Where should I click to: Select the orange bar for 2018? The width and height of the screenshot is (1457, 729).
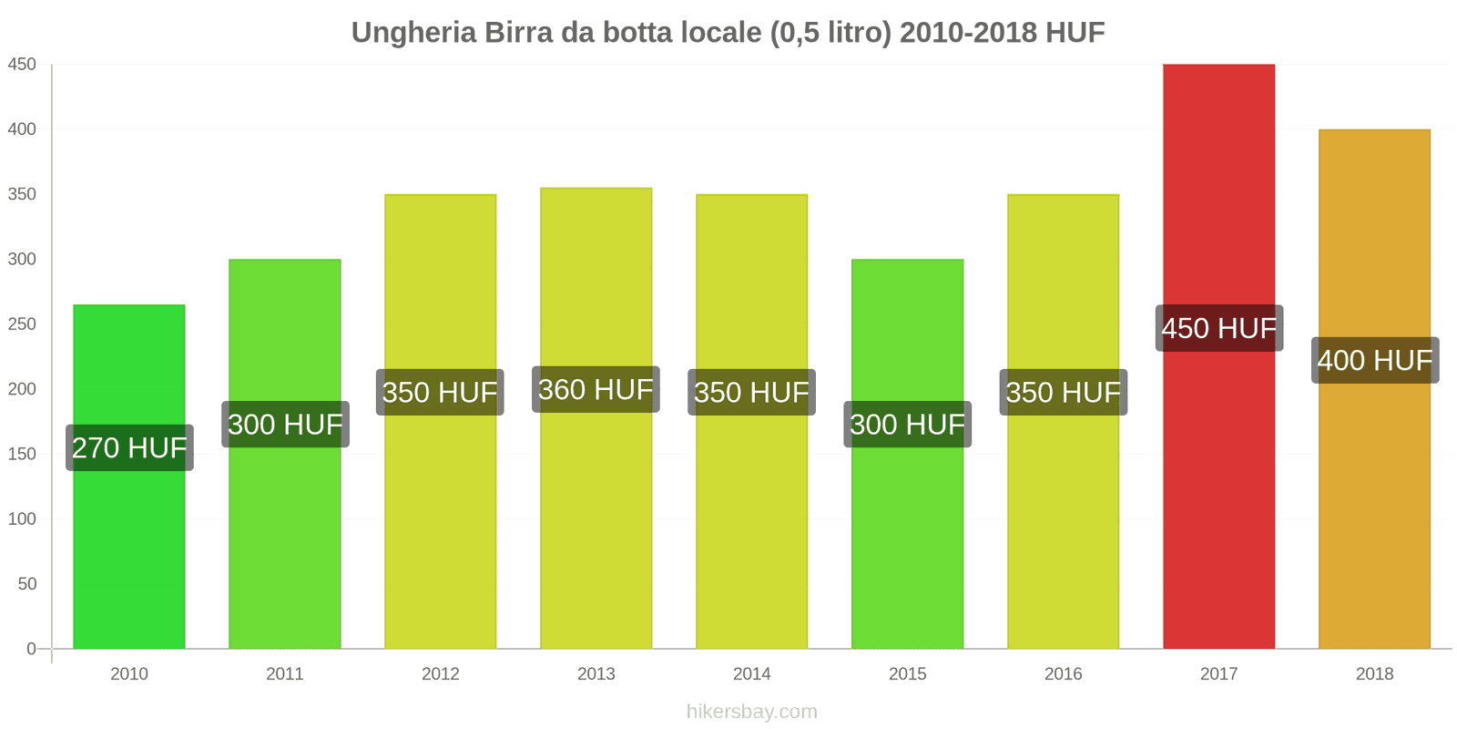1374,510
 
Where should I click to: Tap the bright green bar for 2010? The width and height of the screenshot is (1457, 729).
129,547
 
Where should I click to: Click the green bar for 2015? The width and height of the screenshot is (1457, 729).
907,547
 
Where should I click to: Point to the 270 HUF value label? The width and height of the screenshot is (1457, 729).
129,447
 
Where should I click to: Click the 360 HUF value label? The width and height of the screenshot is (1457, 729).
596,389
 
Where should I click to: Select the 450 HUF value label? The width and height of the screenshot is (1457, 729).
1218,328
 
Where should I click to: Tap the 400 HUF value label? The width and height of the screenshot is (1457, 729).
1374,360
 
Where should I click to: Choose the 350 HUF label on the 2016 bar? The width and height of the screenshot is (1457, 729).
1063,392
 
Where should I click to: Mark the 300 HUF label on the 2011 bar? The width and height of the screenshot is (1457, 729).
285,424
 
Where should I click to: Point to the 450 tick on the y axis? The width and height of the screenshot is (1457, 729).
22,65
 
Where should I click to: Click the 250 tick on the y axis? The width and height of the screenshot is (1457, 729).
22,324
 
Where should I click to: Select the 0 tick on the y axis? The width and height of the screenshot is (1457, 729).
31,649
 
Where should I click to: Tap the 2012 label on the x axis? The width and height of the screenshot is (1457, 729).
441,673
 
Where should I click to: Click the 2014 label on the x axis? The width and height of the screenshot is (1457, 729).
751,673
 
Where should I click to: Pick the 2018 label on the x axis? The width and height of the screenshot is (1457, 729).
1374,673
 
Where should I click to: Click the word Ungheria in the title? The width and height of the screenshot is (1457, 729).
413,33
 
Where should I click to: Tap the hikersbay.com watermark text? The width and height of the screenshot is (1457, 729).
751,712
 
